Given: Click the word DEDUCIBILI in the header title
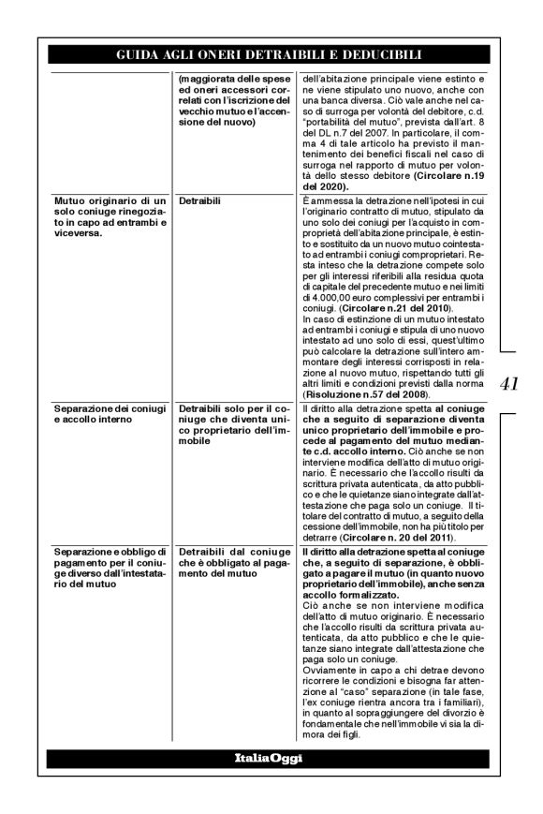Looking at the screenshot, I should (374, 55).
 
